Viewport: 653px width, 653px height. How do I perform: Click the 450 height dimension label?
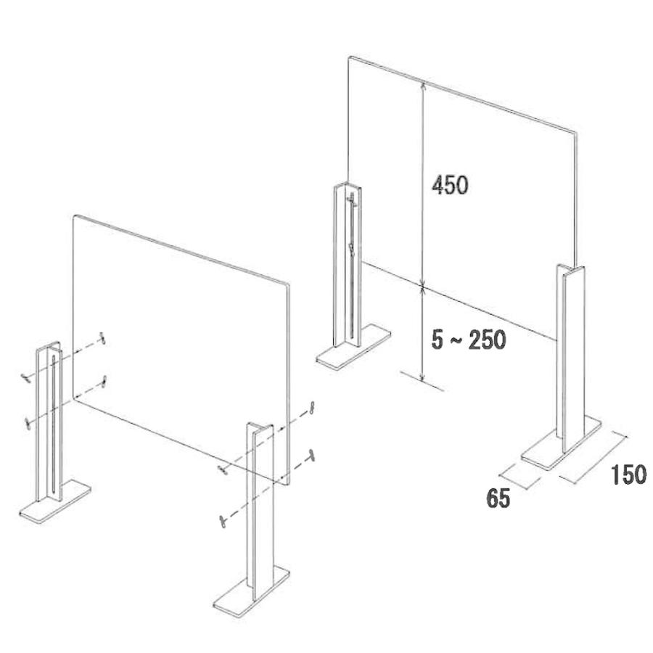[x=450, y=185]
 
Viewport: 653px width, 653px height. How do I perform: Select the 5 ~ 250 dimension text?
[x=469, y=340]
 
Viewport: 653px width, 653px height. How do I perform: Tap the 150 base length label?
[x=628, y=475]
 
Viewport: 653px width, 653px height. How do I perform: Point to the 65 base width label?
[x=498, y=498]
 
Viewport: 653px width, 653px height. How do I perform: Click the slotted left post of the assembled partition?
[x=348, y=266]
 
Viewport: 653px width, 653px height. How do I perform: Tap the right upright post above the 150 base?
[x=570, y=358]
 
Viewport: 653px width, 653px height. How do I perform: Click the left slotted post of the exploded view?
[x=49, y=422]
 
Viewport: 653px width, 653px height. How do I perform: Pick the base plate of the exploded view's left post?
[x=55, y=500]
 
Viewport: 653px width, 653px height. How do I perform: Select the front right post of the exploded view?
[x=260, y=512]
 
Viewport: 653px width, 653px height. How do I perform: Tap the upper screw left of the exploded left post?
[x=27, y=377]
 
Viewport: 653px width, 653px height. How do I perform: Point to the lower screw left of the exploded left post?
[x=28, y=423]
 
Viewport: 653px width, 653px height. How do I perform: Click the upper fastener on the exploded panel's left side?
[x=102, y=337]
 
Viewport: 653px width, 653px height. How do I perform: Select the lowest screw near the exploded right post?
[x=223, y=520]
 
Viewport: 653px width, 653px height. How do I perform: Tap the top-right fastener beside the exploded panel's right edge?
[x=311, y=408]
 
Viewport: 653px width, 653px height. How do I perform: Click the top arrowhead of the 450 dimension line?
[x=423, y=86]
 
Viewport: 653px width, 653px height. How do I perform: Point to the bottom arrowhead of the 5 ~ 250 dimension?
[x=423, y=377]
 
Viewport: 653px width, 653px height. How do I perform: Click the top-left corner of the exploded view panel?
[x=74, y=215]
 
